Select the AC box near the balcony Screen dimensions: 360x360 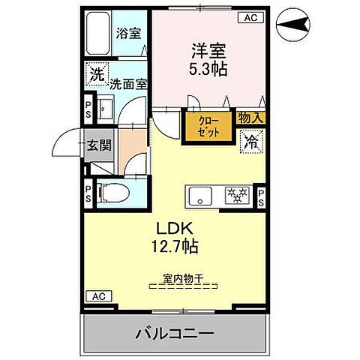(x=97, y=296)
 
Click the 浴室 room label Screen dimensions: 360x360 (x=128, y=33)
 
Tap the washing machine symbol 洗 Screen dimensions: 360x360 (x=96, y=74)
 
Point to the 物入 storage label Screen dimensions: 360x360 (x=250, y=118)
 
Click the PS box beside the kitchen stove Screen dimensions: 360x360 (x=261, y=196)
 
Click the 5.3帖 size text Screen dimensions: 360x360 (x=208, y=68)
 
